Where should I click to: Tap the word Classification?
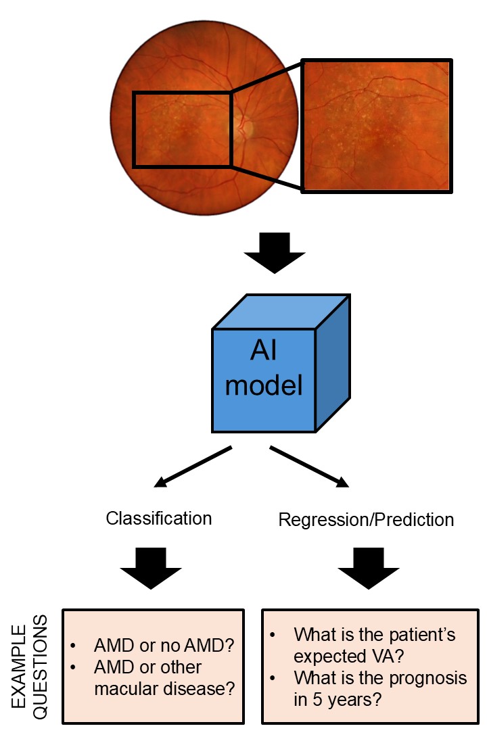(159, 519)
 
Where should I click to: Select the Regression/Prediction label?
(366, 520)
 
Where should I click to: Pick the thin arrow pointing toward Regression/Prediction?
(310, 467)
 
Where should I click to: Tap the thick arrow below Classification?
(151, 568)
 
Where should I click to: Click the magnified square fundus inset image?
(377, 126)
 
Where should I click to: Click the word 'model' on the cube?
(264, 386)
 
